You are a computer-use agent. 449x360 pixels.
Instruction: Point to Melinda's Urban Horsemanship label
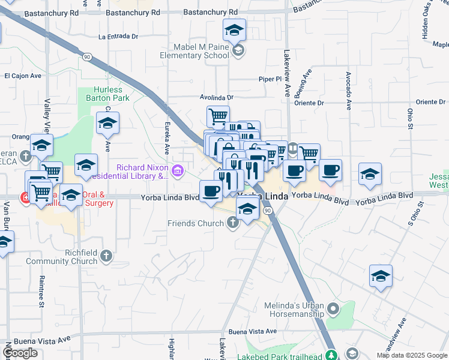point(294,310)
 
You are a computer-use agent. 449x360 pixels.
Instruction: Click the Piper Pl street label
point(270,79)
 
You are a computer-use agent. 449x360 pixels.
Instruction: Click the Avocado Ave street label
point(348,91)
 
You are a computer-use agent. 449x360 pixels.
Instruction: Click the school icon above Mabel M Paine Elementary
point(234,29)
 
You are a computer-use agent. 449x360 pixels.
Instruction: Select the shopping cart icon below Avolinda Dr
point(218,115)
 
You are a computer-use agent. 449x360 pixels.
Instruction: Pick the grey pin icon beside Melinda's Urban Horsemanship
point(333,310)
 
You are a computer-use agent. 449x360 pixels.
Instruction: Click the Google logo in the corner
point(20,353)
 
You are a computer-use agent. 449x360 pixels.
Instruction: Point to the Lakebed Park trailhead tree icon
point(330,355)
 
